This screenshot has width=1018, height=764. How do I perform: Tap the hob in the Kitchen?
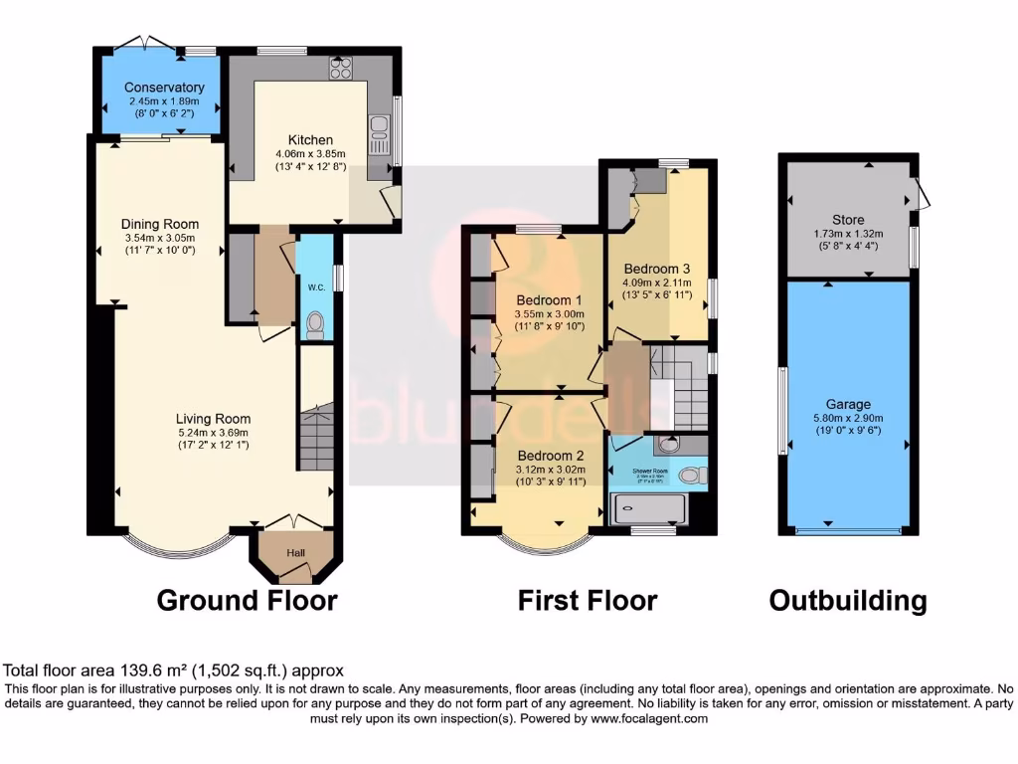point(342,69)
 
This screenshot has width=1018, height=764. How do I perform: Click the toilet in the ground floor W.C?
point(316,321)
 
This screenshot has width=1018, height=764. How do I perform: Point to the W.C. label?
point(316,287)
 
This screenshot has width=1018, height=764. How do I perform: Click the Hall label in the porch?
point(296,553)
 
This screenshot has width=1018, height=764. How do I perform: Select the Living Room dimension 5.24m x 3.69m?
point(213,433)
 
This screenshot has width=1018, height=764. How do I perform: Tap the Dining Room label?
point(160,224)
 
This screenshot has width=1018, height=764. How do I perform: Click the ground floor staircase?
point(316,437)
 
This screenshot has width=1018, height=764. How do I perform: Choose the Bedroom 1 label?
point(550,300)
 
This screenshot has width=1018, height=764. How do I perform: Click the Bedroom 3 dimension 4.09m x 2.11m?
point(657,282)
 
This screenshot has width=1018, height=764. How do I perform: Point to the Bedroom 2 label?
point(550,456)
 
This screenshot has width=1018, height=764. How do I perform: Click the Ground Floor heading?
point(247,601)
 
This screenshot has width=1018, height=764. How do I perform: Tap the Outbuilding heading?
point(847,601)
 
